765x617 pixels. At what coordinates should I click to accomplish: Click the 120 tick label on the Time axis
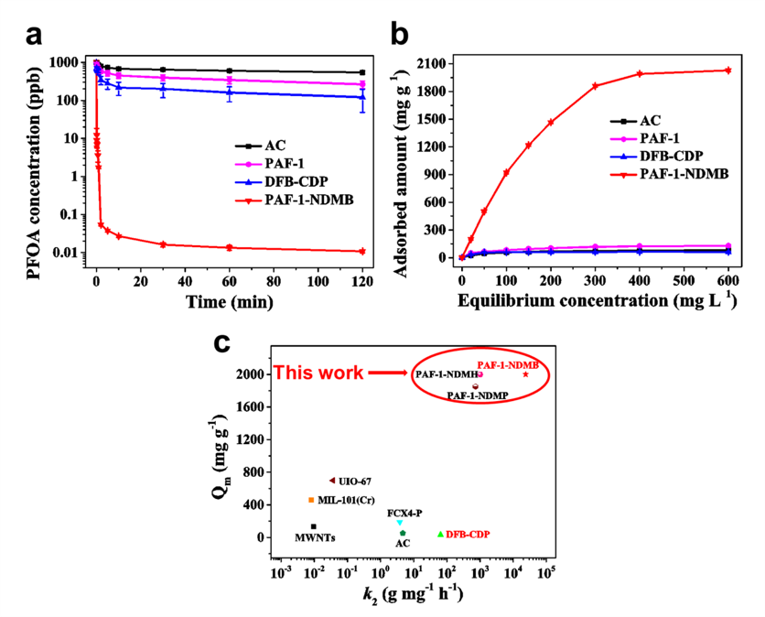tap(363, 284)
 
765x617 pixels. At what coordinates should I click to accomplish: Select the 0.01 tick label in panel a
tap(70, 253)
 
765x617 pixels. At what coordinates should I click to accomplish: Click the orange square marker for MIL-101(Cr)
tap(311, 500)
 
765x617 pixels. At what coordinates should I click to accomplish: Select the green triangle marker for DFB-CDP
tap(440, 535)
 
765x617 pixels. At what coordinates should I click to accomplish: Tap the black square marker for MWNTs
tap(314, 526)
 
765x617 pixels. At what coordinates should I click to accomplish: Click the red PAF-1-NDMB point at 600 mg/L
tap(728, 70)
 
